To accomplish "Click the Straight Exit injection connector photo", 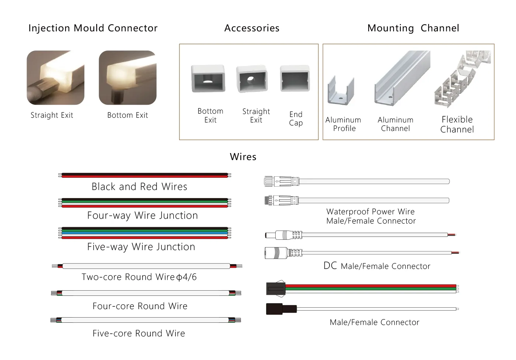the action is [56, 78].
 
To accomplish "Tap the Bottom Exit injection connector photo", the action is [128, 78].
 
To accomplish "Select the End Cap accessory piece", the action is [295, 79].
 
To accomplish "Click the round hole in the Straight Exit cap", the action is [250, 80].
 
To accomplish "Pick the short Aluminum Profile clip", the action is [341, 91].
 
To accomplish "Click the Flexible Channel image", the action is [462, 79].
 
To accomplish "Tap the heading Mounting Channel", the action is [413, 28].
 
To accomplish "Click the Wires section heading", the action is [243, 157].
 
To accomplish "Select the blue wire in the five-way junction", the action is [144, 233].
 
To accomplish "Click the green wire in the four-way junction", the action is [144, 202].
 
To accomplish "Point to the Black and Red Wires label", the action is [139, 186].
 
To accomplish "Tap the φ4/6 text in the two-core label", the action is [186, 277].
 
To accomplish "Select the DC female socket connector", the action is [283, 253].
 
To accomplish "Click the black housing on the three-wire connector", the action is [276, 288].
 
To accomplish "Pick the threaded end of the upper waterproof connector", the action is [268, 181].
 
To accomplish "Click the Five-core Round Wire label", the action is [139, 333].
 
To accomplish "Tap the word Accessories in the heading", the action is [252, 28].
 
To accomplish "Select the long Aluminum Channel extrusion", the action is [402, 78].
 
